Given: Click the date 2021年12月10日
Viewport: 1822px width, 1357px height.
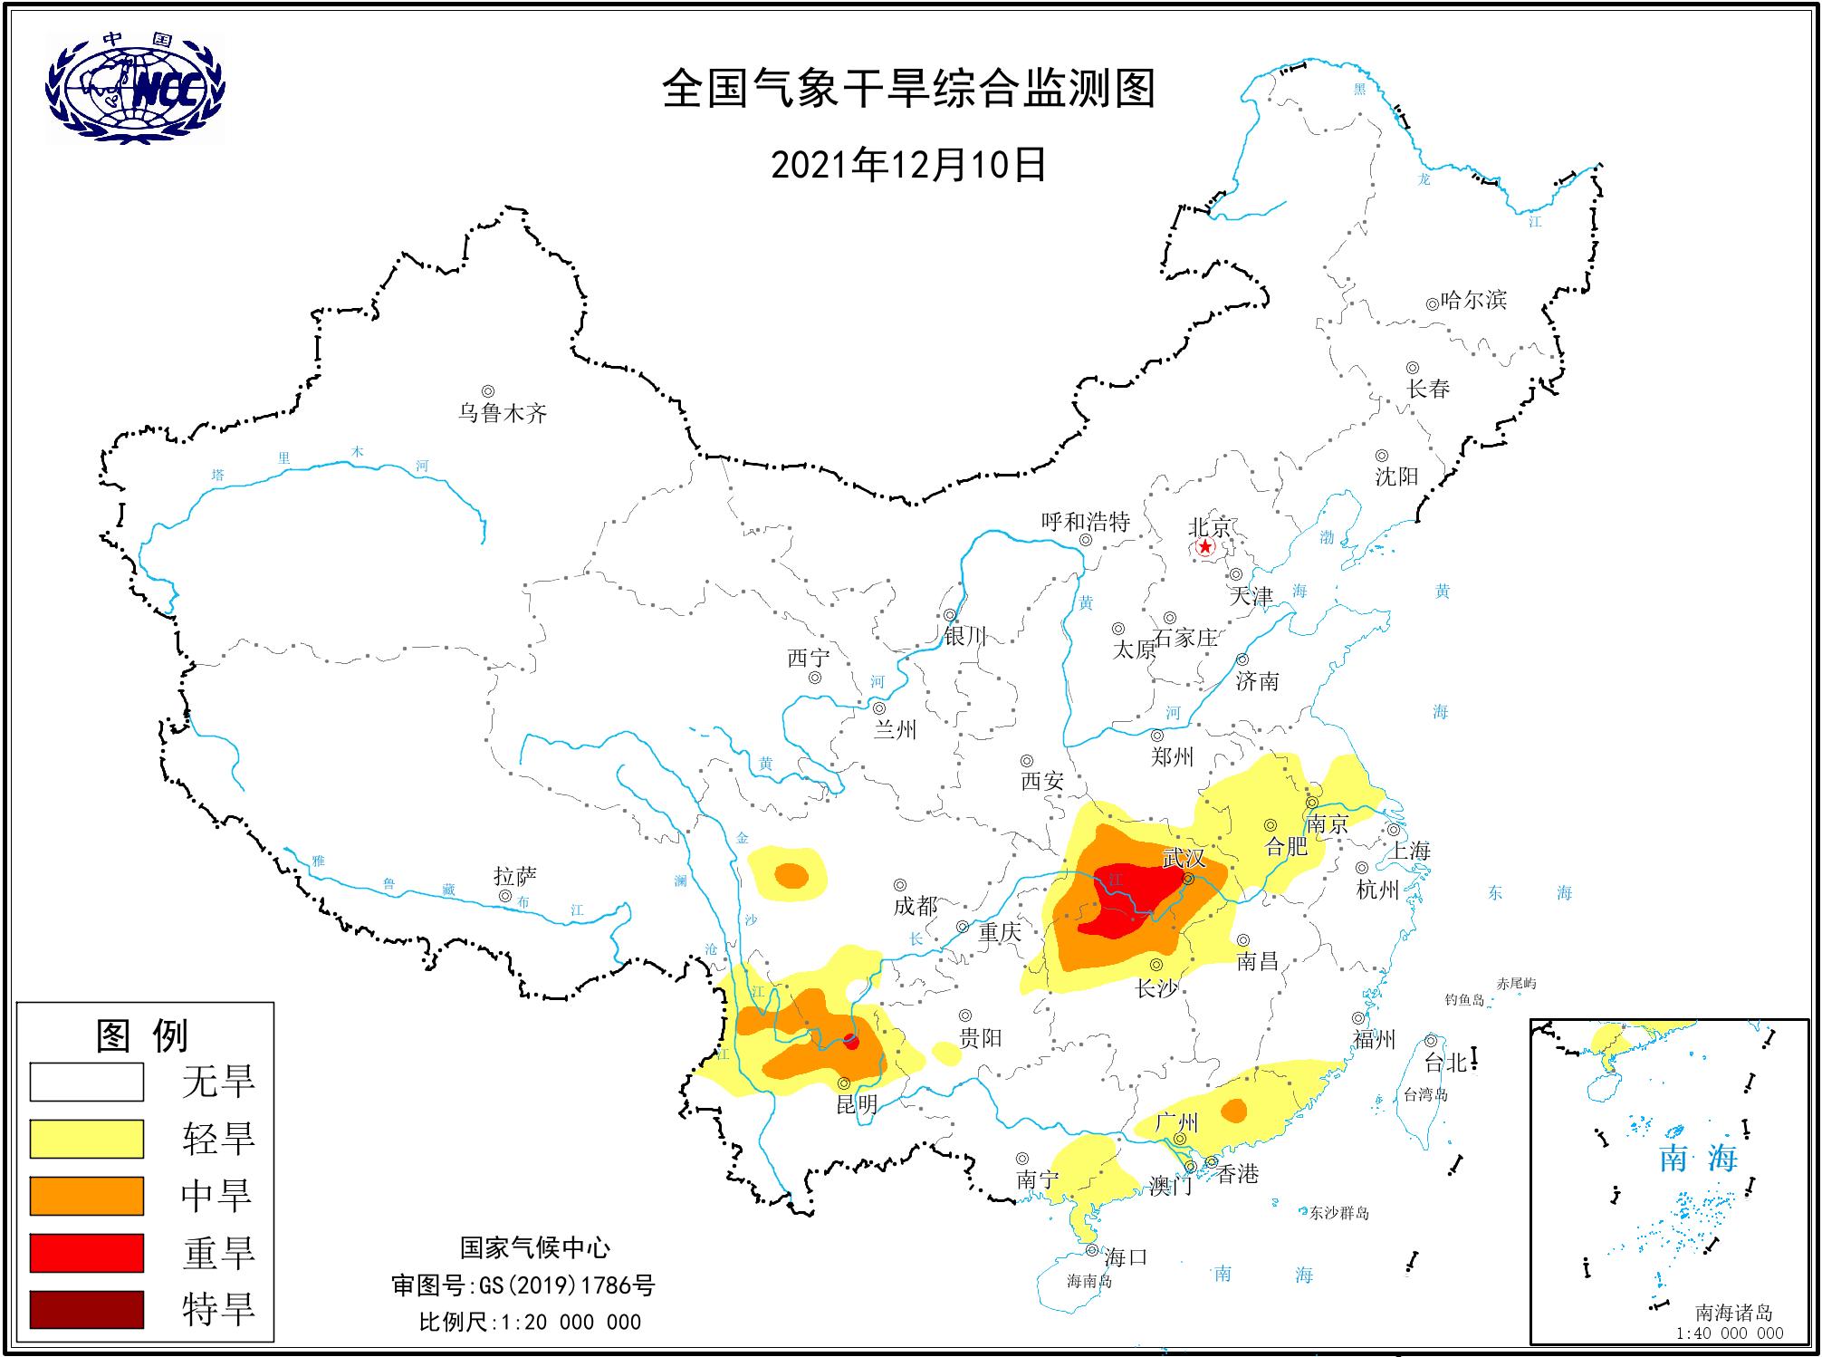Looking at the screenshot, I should pos(908,166).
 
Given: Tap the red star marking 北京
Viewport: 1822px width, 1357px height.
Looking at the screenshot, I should pos(1204,547).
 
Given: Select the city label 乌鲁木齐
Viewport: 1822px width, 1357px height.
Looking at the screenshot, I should pos(503,414).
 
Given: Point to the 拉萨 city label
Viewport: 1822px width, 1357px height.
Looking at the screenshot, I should pos(515,876).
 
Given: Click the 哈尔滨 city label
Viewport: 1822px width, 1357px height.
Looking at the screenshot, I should pos(1473,300).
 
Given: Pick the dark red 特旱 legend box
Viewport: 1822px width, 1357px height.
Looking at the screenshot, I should pos(87,1309).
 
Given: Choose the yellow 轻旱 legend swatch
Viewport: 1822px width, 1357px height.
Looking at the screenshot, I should pos(87,1139).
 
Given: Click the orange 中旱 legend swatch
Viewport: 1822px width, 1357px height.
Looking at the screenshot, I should pos(87,1196).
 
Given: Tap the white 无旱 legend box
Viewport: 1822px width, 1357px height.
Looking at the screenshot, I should pos(87,1082).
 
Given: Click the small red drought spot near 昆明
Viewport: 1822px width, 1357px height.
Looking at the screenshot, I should pos(850,1042).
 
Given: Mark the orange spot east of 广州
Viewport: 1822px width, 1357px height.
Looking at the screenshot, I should pos(1233,1111).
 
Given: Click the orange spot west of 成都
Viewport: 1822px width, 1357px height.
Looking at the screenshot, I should pos(791,876).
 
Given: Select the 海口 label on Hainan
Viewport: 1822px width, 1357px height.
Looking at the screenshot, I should pos(1126,1256).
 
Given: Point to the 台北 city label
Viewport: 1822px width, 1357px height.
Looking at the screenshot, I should pos(1445,1063).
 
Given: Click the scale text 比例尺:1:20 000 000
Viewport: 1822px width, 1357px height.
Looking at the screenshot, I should pos(530,1322).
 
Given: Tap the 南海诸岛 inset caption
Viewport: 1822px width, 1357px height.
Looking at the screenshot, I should pos(1733,1313).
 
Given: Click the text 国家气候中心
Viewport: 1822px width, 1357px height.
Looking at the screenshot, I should pos(535,1247).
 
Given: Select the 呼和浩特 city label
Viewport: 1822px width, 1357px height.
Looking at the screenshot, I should pos(1085,522).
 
